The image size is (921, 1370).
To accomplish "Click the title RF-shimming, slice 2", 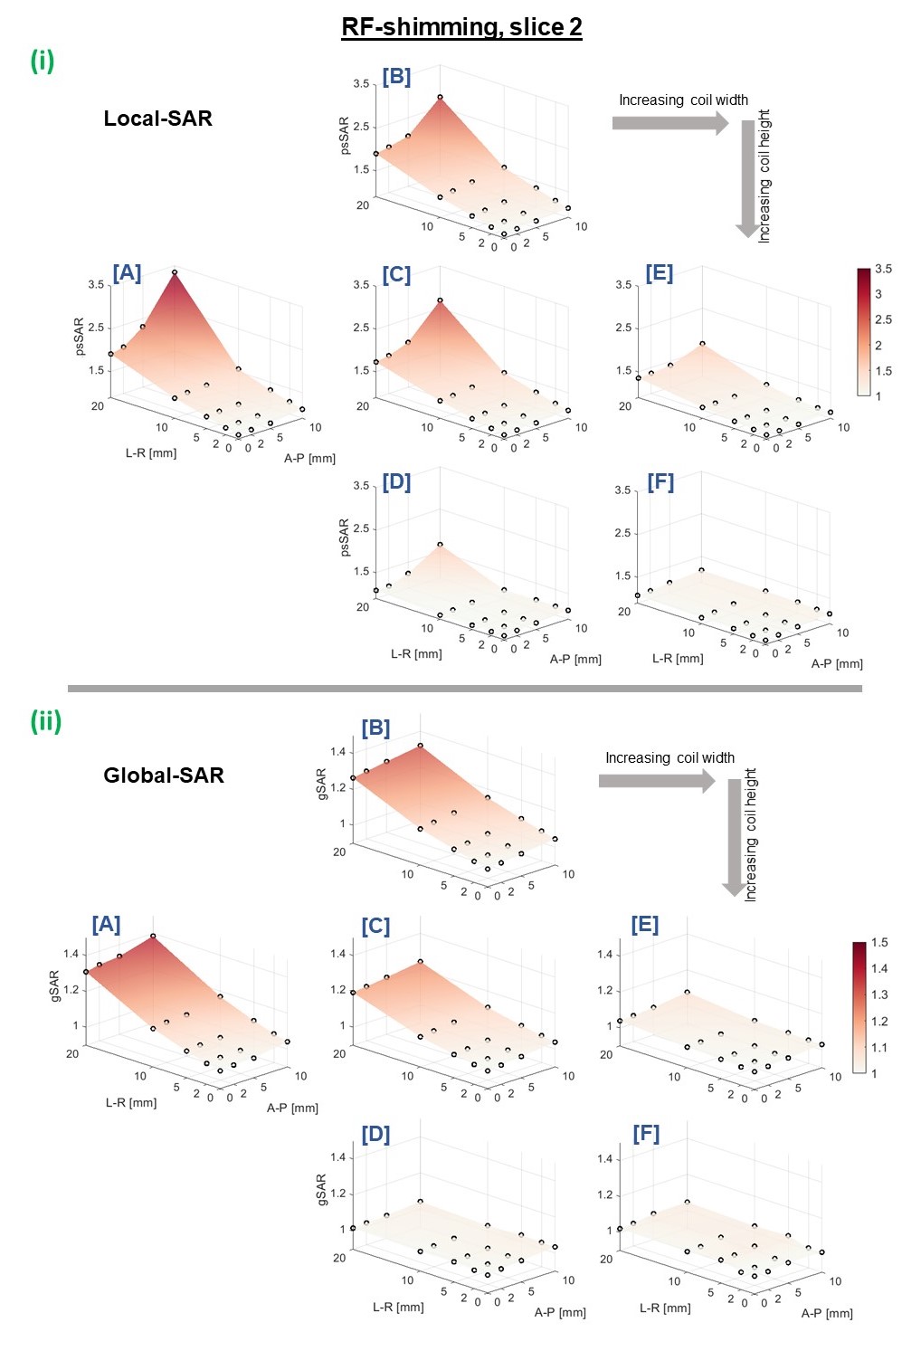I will [x=461, y=27].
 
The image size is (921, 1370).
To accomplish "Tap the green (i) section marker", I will [x=43, y=61].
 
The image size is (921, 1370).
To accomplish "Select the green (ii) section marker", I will [x=46, y=721].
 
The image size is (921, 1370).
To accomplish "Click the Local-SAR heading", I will [x=157, y=119].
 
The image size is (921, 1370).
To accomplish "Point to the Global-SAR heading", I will [x=163, y=775].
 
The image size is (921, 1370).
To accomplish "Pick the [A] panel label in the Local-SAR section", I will [x=127, y=273].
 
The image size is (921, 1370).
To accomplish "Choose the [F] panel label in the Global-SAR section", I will [x=646, y=1134].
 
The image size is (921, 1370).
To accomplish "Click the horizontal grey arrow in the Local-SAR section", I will [x=669, y=123].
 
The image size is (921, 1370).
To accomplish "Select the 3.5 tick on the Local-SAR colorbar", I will [x=883, y=269].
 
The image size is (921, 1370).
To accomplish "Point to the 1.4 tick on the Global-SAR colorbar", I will [x=879, y=968].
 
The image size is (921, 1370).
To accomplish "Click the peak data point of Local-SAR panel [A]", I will [x=175, y=272].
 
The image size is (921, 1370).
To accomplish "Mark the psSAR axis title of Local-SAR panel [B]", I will [x=344, y=136].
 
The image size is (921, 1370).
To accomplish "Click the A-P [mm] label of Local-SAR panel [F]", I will [x=837, y=663].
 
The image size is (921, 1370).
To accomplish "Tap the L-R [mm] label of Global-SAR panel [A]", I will [x=131, y=1102].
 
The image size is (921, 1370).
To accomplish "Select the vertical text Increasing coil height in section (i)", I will [x=764, y=176].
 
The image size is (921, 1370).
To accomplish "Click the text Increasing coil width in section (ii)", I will [x=669, y=758].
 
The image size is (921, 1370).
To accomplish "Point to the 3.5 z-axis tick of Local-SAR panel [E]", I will [x=623, y=285].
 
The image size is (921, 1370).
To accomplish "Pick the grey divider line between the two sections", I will [x=464, y=689].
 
